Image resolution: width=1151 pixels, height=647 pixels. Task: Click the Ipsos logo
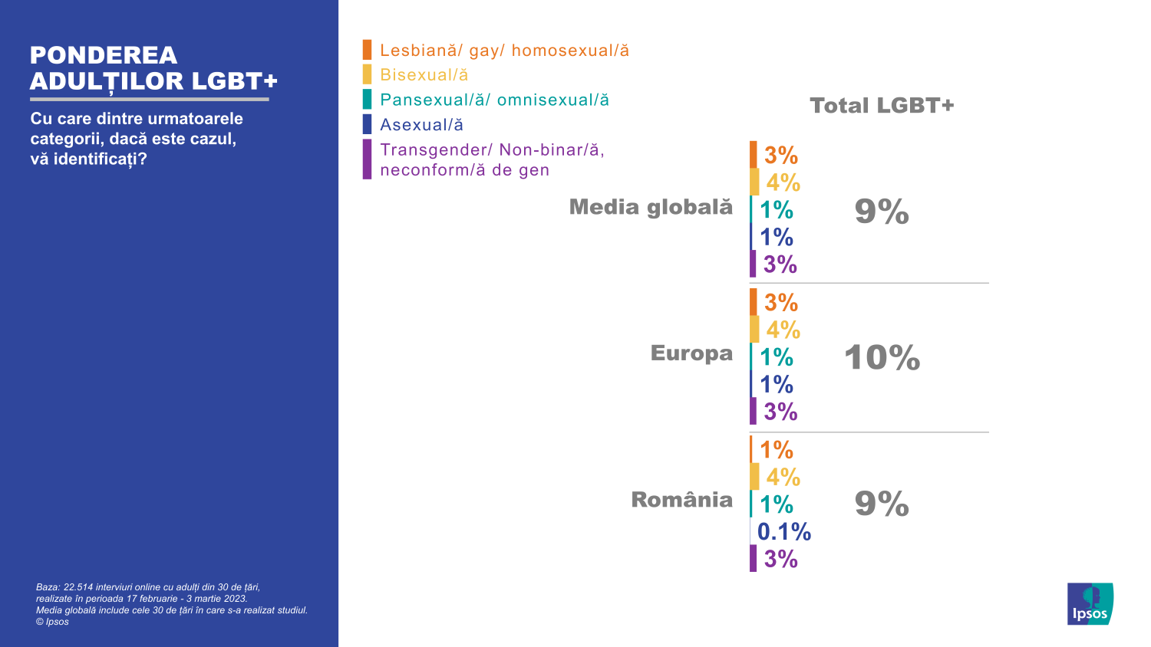click(1090, 604)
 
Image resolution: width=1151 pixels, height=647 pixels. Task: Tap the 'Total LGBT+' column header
click(882, 106)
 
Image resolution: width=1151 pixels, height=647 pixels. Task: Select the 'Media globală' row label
click(651, 207)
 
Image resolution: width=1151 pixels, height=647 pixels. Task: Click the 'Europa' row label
click(691, 353)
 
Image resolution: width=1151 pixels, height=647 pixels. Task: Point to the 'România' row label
click(681, 500)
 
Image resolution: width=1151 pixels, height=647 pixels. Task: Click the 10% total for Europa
click(882, 358)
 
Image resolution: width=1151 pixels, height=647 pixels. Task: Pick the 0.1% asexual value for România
click(783, 531)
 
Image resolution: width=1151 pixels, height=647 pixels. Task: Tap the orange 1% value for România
click(777, 449)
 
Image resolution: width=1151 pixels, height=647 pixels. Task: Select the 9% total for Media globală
click(882, 212)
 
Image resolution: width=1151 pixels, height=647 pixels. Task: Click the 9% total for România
click(882, 504)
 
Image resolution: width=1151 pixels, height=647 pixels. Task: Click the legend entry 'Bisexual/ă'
click(424, 75)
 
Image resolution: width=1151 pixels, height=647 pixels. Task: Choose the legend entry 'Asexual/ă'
click(421, 125)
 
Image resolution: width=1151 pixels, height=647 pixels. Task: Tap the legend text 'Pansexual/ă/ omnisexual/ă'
click(494, 100)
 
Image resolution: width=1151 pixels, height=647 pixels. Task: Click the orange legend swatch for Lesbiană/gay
click(368, 51)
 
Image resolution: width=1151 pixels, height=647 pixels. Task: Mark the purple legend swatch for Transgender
click(368, 159)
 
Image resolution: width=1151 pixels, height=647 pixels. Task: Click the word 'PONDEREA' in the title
click(104, 55)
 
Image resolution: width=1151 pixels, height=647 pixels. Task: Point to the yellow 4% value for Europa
click(783, 330)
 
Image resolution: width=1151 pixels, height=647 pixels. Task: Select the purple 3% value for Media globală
click(780, 264)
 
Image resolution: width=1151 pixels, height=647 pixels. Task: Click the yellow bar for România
click(754, 477)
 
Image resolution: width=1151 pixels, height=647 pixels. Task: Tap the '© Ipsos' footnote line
click(52, 622)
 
